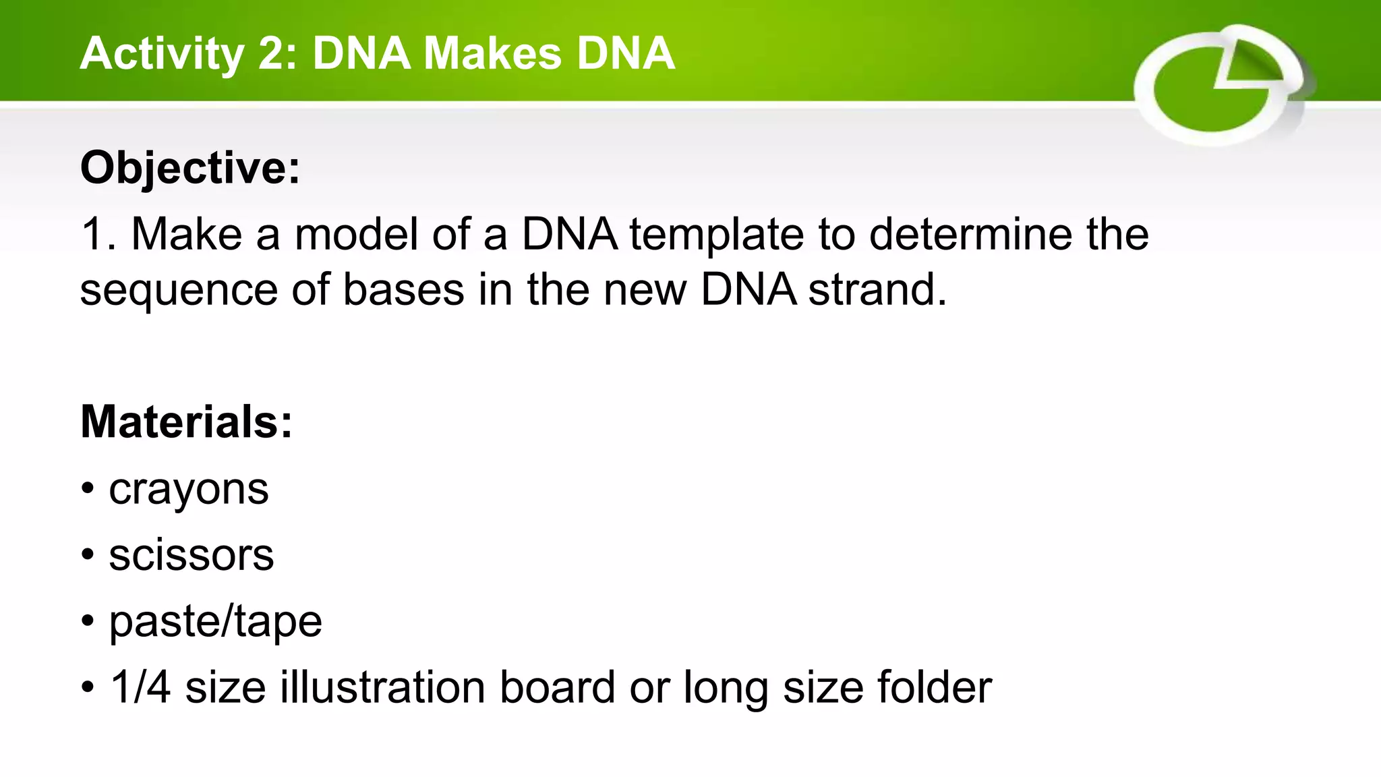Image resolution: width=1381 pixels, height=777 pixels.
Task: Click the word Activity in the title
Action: (162, 54)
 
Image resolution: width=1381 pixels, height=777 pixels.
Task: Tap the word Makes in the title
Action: (492, 54)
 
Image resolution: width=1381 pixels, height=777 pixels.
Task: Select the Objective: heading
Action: (190, 167)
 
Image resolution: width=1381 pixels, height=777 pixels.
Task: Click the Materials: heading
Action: (187, 422)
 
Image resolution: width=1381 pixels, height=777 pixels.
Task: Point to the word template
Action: (717, 236)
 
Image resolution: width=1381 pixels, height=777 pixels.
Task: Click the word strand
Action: (877, 290)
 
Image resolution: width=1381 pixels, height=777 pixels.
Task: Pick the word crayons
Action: (189, 490)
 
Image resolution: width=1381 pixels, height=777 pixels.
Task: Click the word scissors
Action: (192, 556)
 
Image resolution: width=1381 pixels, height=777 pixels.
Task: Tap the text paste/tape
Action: (216, 622)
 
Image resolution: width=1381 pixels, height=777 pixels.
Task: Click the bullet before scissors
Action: (88, 556)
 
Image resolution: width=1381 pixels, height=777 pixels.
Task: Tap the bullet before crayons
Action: (88, 490)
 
